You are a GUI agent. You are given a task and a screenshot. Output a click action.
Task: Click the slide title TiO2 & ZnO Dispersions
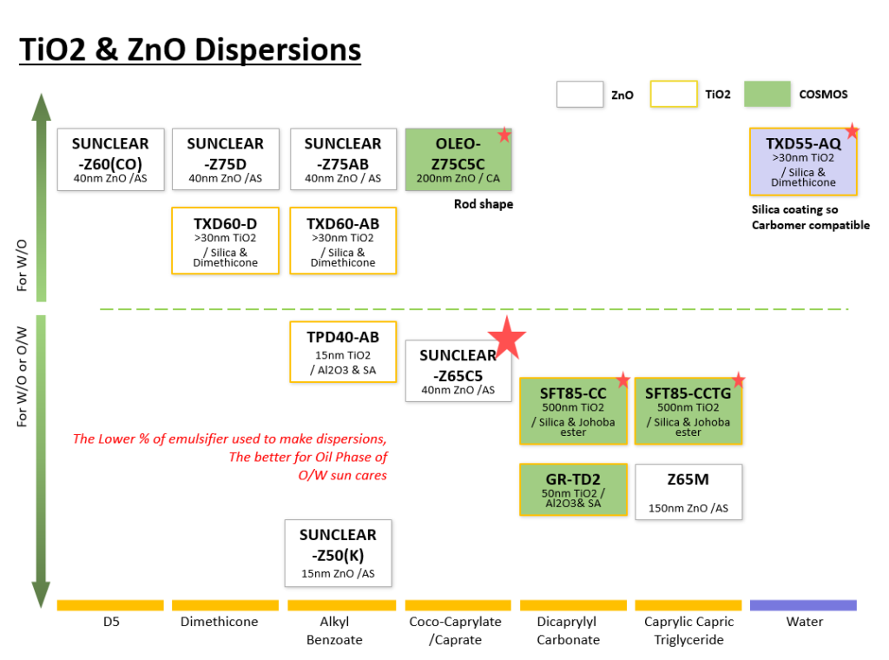coord(190,49)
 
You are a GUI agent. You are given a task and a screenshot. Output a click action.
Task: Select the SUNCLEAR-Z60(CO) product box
coord(110,160)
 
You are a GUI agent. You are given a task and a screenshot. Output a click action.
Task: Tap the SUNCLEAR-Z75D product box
coord(226,160)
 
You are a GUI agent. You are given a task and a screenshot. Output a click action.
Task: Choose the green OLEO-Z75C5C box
coord(458,160)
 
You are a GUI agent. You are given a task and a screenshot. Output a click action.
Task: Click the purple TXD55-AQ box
coord(802,162)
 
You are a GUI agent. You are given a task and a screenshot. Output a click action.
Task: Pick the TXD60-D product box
coord(226,241)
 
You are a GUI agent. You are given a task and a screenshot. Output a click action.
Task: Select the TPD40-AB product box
coord(343,352)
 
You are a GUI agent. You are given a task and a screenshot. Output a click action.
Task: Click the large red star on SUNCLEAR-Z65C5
coord(506,338)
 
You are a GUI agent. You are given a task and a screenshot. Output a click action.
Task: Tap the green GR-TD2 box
coord(573,490)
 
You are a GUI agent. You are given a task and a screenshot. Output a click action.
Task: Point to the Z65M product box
coord(688,492)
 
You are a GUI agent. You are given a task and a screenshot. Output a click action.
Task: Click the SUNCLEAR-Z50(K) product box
coord(338,552)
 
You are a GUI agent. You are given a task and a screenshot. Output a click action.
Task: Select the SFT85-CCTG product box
coord(688,411)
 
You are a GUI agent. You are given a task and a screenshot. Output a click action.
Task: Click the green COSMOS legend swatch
coord(767,94)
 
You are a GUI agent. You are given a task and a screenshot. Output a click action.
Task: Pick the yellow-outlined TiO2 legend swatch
coord(674,94)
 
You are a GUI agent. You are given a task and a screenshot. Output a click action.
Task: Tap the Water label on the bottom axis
coord(804,622)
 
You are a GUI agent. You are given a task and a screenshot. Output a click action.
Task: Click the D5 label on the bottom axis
coord(110,622)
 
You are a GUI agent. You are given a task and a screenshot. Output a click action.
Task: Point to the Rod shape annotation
coord(484,204)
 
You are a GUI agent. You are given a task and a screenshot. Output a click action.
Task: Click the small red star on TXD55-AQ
coord(852,131)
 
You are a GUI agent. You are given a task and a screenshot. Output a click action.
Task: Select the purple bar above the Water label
coord(803,604)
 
